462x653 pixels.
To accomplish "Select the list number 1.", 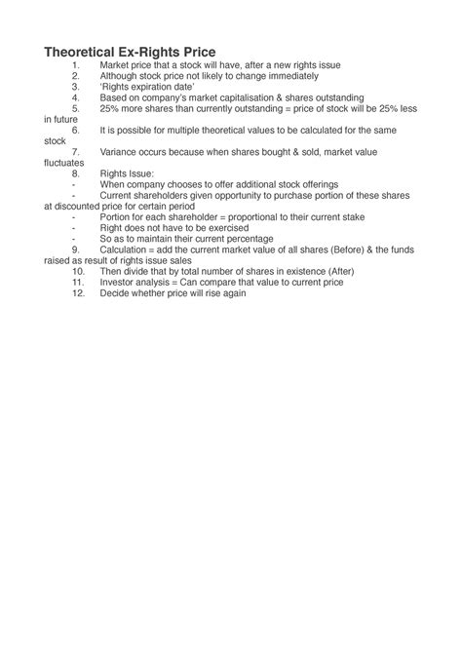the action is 75,64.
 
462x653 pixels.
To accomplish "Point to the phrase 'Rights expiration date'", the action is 139,87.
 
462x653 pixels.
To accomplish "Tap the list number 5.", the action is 75,109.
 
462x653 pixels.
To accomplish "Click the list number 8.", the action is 75,174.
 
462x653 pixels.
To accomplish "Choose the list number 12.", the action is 77,293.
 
